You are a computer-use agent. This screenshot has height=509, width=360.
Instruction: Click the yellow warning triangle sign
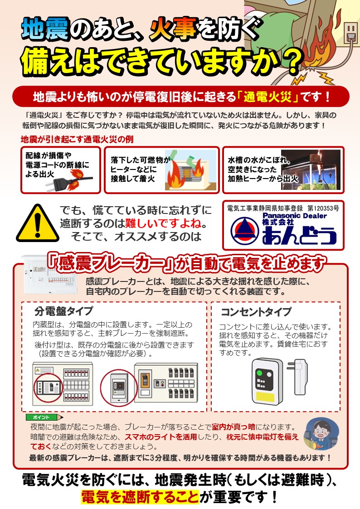pyautogui.click(x=38, y=224)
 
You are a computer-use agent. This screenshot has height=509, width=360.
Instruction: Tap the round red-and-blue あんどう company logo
pyautogui.click(x=244, y=231)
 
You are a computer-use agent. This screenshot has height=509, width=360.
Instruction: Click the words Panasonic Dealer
pyautogui.click(x=294, y=216)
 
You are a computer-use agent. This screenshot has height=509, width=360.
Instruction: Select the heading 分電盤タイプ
pyautogui.click(x=63, y=311)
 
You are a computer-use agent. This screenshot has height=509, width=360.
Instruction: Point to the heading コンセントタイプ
pyautogui.click(x=256, y=312)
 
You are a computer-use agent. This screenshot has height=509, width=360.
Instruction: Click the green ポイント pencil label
pyautogui.click(x=44, y=417)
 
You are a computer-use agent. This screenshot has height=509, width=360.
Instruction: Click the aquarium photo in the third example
pyautogui.click(x=311, y=170)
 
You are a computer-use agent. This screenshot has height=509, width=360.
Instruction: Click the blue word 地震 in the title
pyautogui.click(x=45, y=29)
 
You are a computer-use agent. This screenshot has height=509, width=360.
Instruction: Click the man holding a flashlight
pyautogui.click(x=321, y=434)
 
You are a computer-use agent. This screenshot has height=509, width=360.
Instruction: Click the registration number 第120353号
pyautogui.click(x=323, y=208)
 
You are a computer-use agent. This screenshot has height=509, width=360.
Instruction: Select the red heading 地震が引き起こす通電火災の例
pyautogui.click(x=77, y=140)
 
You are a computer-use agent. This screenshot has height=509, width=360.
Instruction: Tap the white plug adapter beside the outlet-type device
pyautogui.click(x=301, y=377)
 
